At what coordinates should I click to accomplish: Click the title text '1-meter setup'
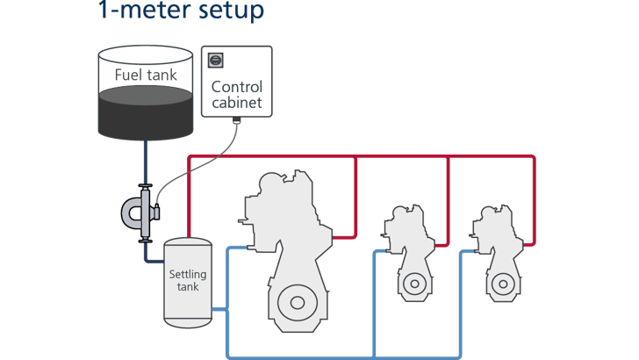(181, 12)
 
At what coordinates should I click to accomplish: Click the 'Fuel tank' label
(147, 75)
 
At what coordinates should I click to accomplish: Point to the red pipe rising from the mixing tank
(187, 193)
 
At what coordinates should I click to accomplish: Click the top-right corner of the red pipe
(534, 158)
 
